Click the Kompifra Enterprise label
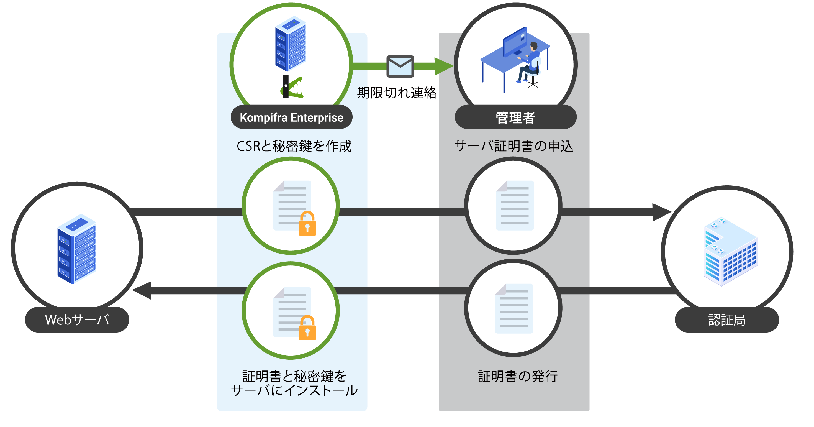[291, 117]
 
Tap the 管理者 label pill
[515, 117]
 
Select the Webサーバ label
[77, 319]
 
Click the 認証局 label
[727, 319]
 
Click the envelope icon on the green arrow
[400, 67]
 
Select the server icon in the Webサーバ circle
[77, 249]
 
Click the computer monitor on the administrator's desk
[515, 43]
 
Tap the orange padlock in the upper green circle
[307, 224]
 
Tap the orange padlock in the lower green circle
[307, 328]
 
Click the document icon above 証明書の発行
[514, 308]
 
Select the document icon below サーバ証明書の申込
[515, 205]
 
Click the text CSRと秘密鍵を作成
[294, 146]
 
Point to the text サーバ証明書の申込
[514, 146]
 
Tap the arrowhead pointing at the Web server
[142, 290]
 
